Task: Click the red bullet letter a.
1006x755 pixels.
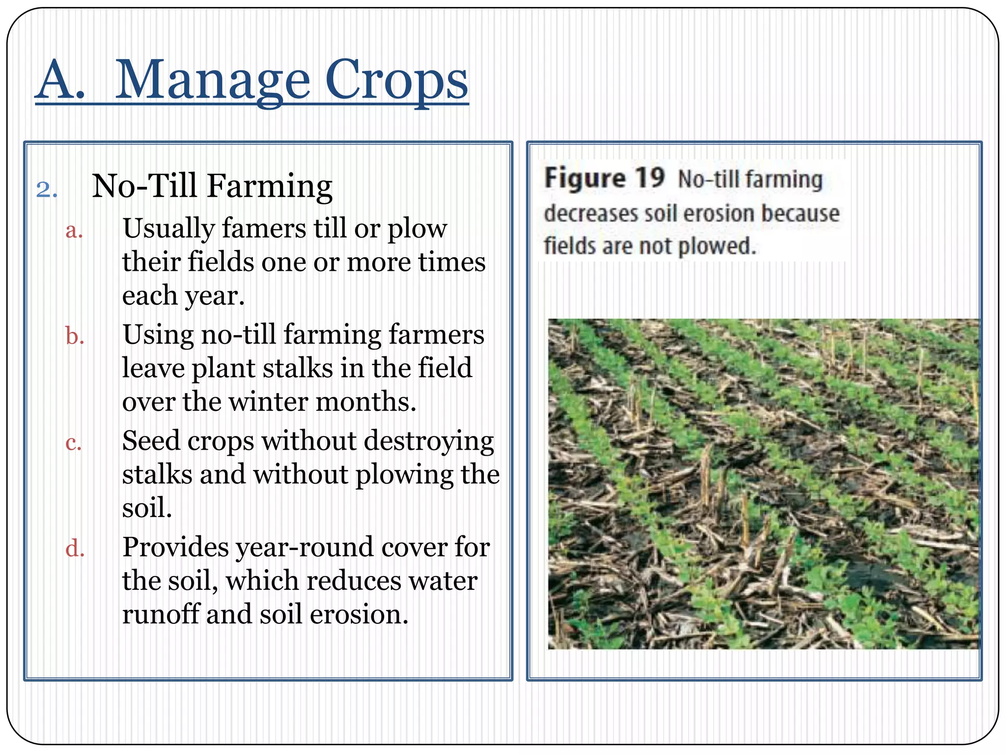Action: (x=74, y=230)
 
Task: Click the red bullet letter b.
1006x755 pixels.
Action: (x=75, y=337)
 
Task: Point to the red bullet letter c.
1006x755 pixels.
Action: (x=74, y=443)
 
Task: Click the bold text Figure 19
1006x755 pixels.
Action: (x=604, y=178)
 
